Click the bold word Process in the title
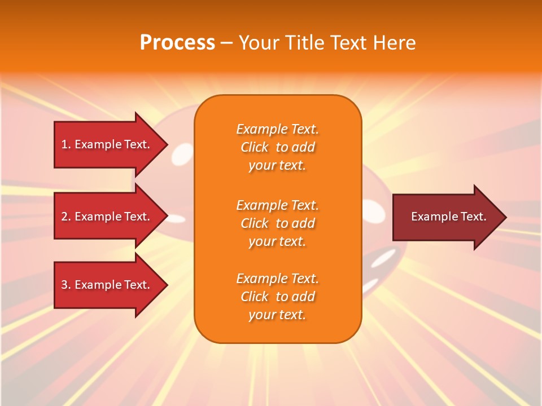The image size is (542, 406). click(177, 43)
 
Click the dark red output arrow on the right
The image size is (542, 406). click(446, 217)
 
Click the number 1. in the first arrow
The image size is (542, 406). click(66, 144)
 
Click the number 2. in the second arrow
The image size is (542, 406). click(66, 217)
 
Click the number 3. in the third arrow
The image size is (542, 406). click(66, 285)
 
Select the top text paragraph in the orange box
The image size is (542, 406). click(277, 147)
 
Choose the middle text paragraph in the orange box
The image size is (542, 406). click(277, 223)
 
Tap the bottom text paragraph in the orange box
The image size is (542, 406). click(277, 297)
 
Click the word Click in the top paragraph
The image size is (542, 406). click(255, 147)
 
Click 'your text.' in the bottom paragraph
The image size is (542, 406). click(277, 315)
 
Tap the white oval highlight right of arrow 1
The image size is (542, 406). click(183, 152)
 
